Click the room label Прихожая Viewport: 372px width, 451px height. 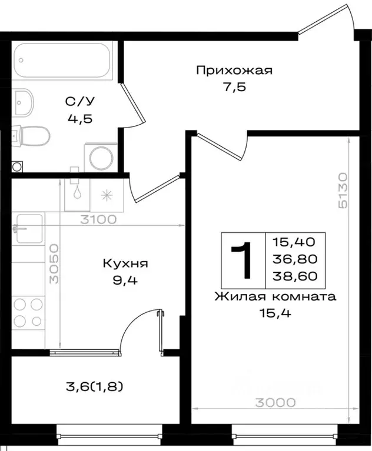[234, 71]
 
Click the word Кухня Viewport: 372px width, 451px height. [125, 263]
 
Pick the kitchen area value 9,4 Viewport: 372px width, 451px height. [125, 280]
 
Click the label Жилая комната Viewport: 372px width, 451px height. [275, 296]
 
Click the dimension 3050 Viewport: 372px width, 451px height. [54, 264]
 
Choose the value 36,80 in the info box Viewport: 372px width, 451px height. [294, 258]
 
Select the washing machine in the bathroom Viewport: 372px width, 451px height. [101, 156]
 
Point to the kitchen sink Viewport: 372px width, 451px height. [29, 228]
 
